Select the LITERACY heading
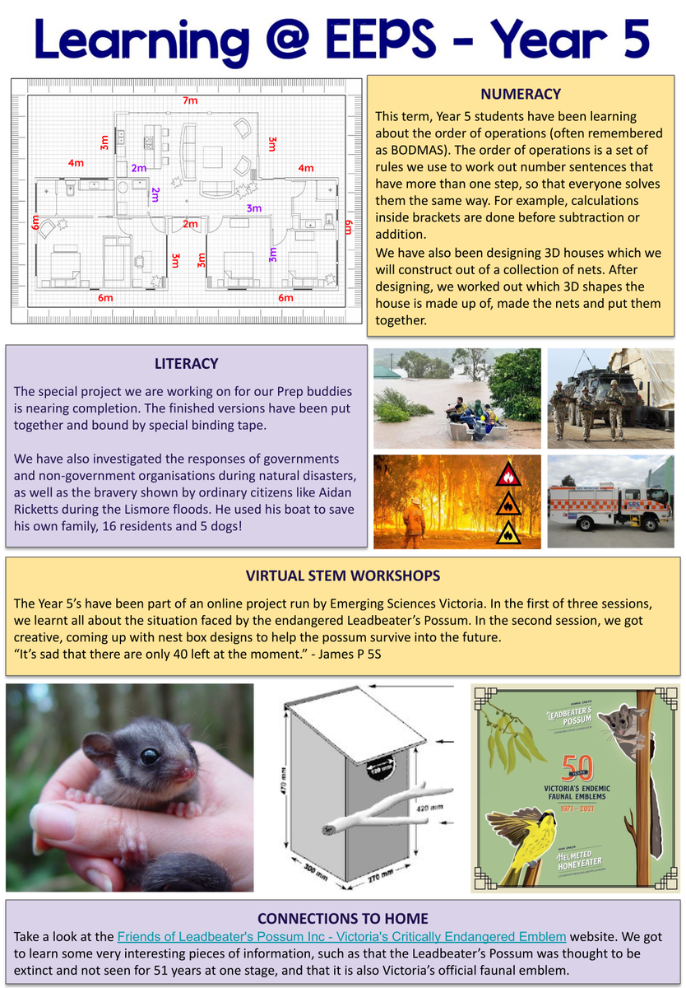pos(186,363)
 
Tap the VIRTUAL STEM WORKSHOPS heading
pos(343,576)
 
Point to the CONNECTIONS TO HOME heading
pos(342,918)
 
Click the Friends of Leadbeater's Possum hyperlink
pos(341,936)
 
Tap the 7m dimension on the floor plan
pos(190,100)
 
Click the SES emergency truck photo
pos(610,502)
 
